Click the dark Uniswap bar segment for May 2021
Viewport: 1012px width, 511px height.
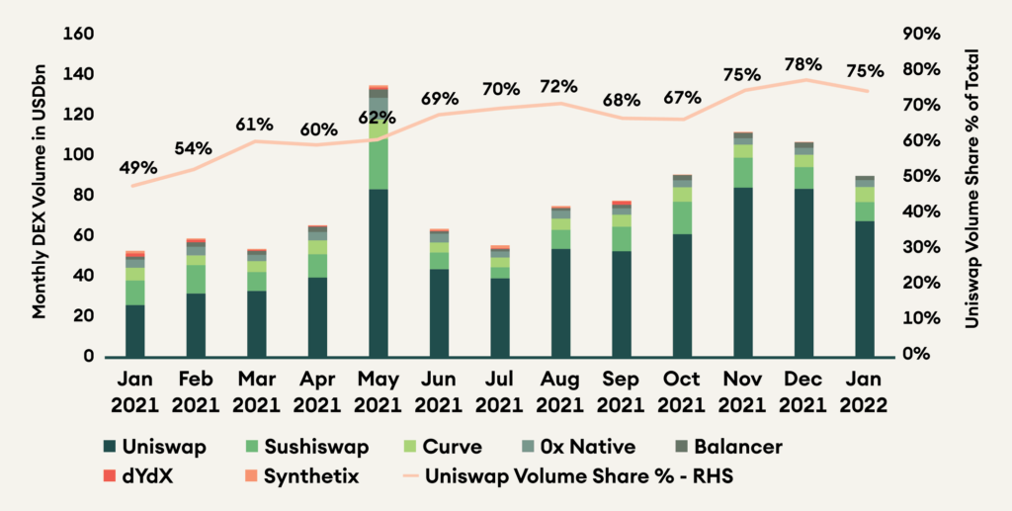click(x=378, y=272)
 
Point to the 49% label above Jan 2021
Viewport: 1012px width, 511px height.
click(x=137, y=168)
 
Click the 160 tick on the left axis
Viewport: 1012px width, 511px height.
click(x=78, y=35)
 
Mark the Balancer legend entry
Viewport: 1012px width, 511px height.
click(x=726, y=447)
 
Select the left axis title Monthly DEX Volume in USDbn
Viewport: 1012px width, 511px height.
click(x=41, y=196)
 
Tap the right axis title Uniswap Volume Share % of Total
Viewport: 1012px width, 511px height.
click(x=978, y=189)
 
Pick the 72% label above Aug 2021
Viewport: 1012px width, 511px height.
click(x=559, y=86)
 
